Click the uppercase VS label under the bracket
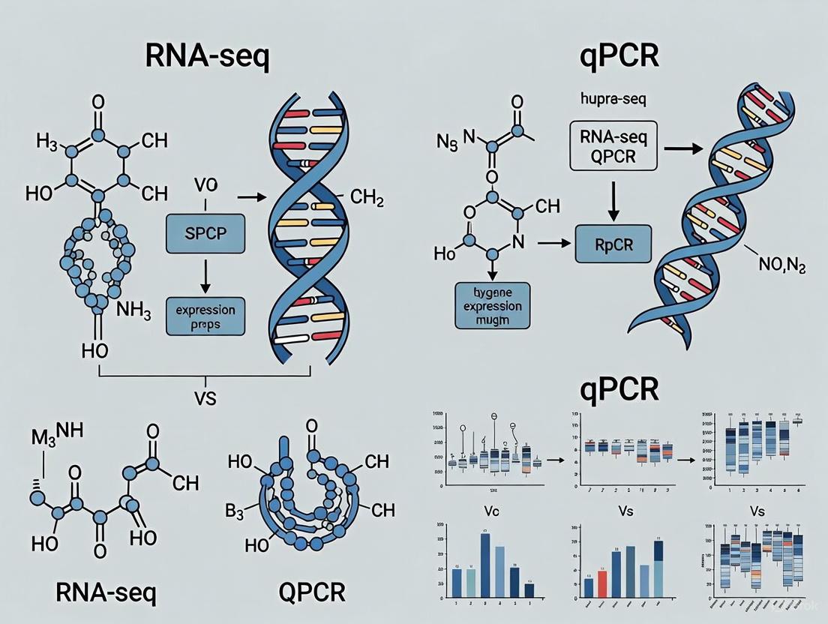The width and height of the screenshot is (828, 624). coord(203,398)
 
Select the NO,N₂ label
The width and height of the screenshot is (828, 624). coord(774,268)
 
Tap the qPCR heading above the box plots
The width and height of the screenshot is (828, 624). coord(619,388)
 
